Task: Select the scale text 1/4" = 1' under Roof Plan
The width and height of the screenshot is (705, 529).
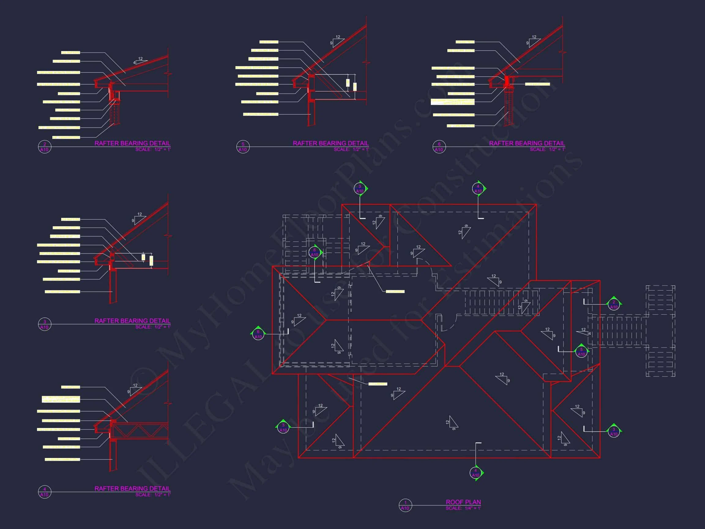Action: (463, 508)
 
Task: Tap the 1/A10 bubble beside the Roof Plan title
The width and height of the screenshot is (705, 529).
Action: (405, 505)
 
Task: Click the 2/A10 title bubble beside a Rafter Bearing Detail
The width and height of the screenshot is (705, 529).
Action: (45, 147)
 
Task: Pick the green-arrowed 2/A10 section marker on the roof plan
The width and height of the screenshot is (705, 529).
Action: (614, 304)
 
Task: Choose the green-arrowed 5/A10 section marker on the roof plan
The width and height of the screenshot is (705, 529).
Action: (581, 351)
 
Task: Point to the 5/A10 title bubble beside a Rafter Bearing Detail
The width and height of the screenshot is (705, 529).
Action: (243, 147)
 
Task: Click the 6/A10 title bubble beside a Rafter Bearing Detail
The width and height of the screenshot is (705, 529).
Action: (439, 147)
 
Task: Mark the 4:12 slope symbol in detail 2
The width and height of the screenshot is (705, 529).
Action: (140, 61)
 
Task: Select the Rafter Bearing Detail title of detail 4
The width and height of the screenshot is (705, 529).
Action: (132, 489)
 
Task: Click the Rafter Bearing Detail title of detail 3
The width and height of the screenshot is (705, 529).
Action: (132, 321)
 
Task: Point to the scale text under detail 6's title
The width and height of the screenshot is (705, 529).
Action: (547, 149)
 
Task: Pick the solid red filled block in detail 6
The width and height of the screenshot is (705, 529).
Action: (507, 81)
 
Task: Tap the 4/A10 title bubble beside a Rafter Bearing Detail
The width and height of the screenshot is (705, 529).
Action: (45, 492)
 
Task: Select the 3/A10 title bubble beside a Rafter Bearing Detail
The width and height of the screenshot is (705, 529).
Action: (45, 324)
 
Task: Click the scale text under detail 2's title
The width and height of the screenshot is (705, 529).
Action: (153, 149)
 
